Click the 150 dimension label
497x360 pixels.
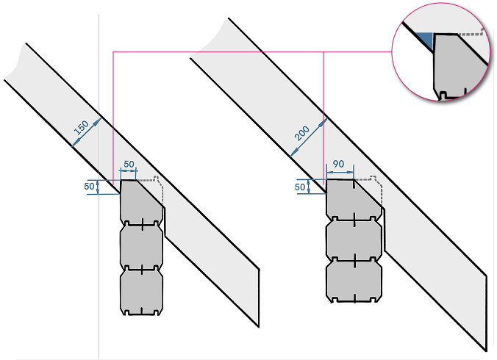[x=81, y=127]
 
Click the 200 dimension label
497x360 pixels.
[x=301, y=133]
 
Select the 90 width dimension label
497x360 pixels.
[x=338, y=164]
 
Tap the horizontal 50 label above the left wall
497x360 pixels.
[x=129, y=164]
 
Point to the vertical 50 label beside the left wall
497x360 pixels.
[x=89, y=186]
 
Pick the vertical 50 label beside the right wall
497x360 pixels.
[x=300, y=187]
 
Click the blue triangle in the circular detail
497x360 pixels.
[x=424, y=40]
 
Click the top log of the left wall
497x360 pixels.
[x=141, y=201]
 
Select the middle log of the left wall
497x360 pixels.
[x=141, y=245]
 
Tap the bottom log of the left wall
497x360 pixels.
[x=141, y=291]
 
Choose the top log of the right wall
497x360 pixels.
[x=354, y=200]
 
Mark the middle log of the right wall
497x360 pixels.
[x=354, y=240]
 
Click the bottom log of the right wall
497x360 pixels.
[x=354, y=280]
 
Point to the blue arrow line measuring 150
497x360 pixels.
[x=87, y=132]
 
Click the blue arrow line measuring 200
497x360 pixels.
[x=308, y=137]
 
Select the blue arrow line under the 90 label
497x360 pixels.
[x=340, y=172]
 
